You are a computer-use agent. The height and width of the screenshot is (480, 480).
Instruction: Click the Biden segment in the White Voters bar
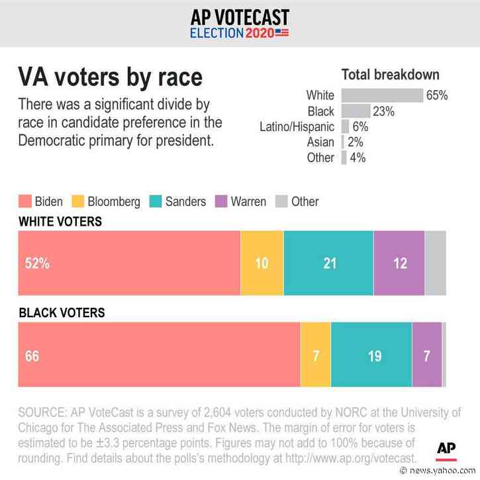click(129, 263)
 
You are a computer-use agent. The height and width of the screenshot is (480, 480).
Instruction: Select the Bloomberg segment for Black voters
click(315, 355)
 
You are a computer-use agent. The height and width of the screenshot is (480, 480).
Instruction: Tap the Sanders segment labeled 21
click(328, 263)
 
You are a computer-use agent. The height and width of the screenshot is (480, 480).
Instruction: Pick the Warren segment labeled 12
click(399, 263)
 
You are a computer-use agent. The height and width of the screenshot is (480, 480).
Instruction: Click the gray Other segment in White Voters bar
click(435, 263)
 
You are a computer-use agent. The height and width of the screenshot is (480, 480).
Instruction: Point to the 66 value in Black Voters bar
click(32, 356)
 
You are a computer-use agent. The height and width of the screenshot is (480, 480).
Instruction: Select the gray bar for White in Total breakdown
click(382, 95)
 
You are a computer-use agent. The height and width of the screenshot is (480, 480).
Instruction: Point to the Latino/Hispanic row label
click(297, 126)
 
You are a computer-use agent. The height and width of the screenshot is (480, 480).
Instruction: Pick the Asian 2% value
click(357, 142)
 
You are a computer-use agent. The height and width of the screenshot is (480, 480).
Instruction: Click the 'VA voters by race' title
click(110, 77)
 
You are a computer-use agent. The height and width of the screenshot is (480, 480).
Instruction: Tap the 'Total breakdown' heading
click(390, 75)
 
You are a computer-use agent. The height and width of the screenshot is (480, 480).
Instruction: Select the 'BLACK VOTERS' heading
click(62, 312)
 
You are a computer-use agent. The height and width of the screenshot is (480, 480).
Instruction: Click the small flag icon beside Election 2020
click(282, 32)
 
